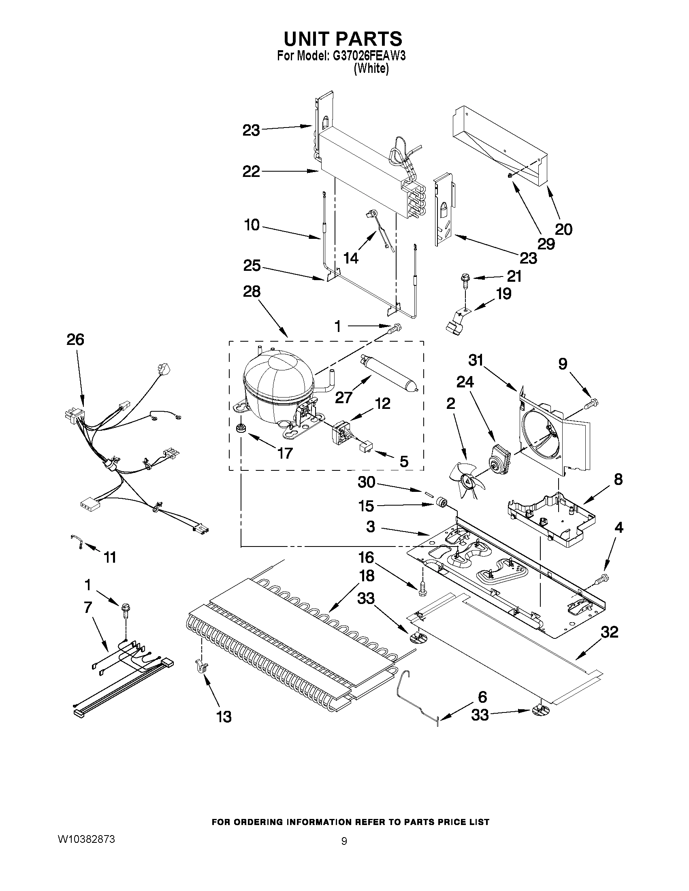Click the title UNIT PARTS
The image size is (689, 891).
click(x=342, y=39)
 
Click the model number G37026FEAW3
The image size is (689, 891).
click(x=369, y=56)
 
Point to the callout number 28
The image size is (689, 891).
click(x=252, y=292)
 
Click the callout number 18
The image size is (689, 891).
click(x=366, y=576)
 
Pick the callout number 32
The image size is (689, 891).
click(x=609, y=632)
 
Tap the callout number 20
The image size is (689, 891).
click(x=564, y=229)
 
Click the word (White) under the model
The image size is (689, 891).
click(x=371, y=69)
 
